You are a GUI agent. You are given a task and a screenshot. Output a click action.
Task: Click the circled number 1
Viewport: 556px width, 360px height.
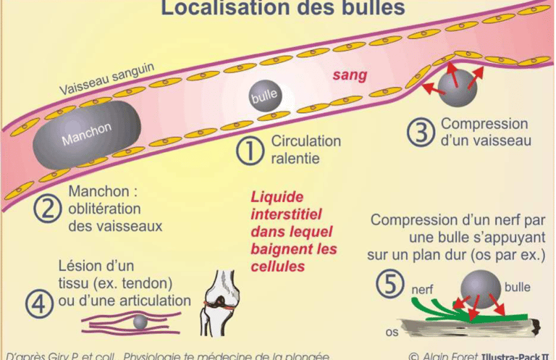pos(250,150)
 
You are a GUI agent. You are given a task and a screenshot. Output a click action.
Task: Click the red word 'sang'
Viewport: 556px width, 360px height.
pos(350,75)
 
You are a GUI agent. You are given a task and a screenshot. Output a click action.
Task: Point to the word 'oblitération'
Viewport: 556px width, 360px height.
pos(103,209)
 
